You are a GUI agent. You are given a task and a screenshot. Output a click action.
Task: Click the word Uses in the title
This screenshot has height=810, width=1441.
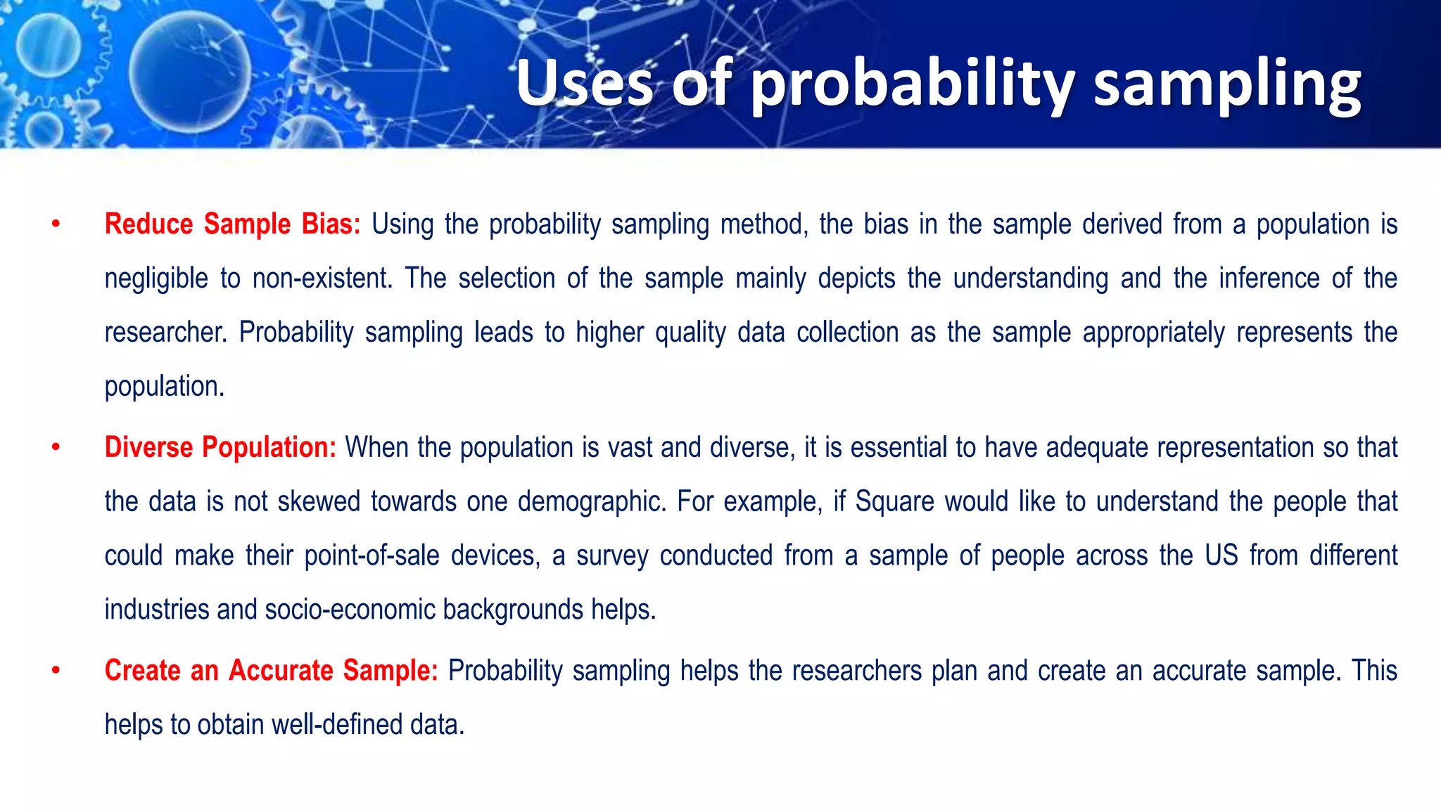click(584, 84)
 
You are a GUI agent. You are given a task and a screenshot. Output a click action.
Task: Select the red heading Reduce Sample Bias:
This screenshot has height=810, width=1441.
click(232, 224)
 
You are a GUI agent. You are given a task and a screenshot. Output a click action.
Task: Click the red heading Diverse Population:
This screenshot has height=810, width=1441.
click(220, 447)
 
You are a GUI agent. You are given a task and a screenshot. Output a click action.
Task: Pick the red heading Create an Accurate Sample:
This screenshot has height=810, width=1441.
click(271, 670)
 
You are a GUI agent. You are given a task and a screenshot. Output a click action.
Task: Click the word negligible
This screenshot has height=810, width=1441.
click(156, 279)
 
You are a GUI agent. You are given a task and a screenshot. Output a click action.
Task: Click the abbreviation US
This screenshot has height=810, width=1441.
click(1221, 555)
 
